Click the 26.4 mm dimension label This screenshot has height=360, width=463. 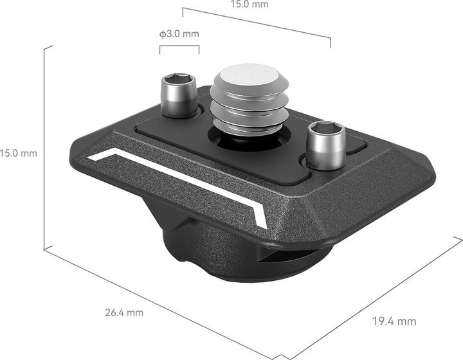point(125,313)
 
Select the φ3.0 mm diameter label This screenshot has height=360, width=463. point(179,33)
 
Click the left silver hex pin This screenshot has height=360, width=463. point(178,97)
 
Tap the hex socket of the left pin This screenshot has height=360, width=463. point(179,80)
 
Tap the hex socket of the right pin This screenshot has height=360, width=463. point(327,128)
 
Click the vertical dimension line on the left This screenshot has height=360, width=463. point(44,148)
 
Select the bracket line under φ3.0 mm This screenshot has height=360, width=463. point(180,46)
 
